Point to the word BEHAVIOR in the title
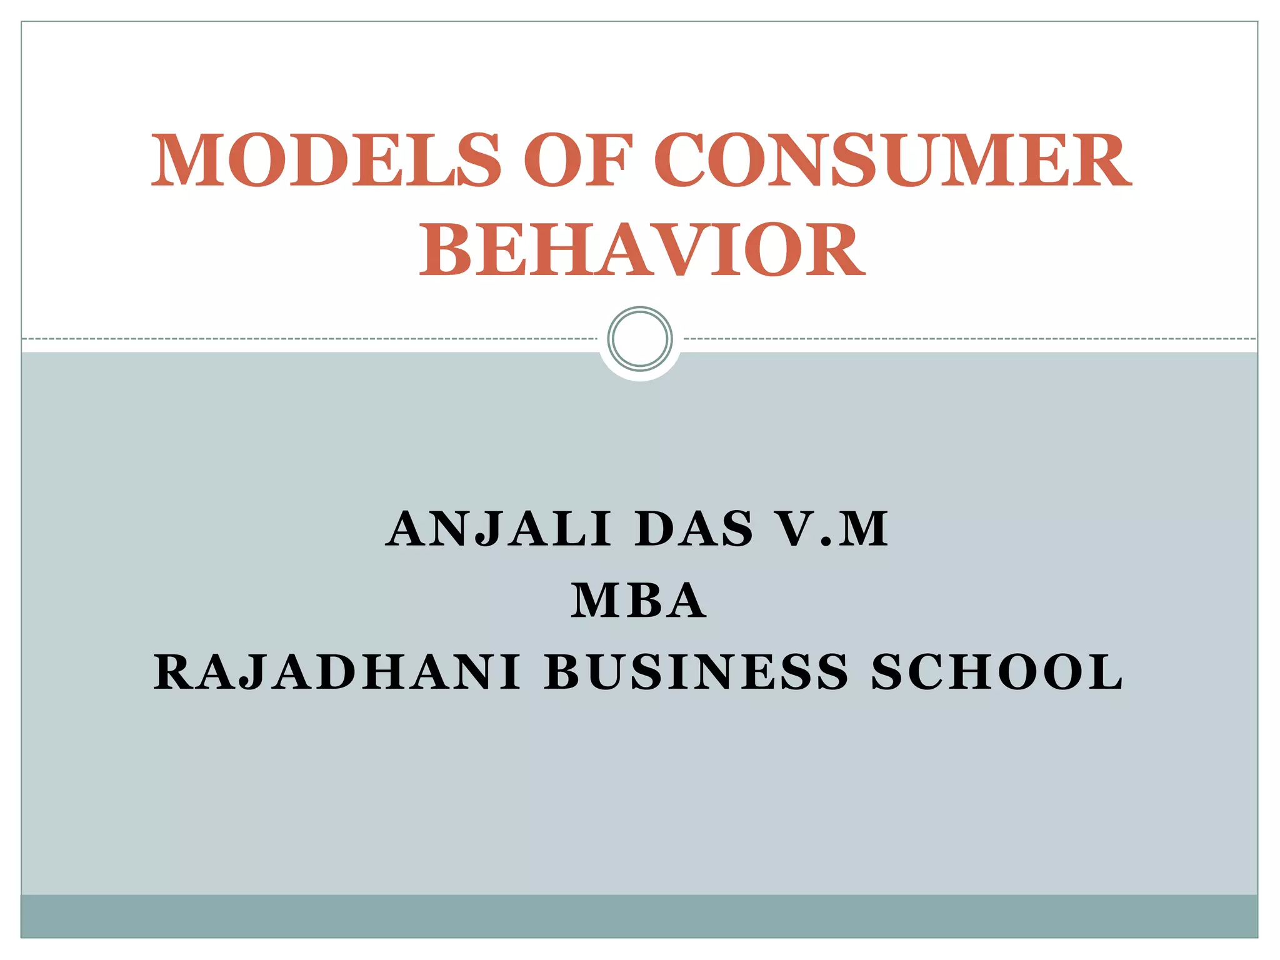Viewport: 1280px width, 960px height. tap(642, 250)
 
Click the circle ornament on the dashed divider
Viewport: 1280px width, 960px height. tap(640, 339)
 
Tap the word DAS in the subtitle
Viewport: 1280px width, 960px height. tap(694, 529)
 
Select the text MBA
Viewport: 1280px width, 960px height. tap(639, 601)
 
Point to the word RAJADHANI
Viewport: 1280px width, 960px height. tap(337, 672)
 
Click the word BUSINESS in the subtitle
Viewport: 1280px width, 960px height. tap(696, 672)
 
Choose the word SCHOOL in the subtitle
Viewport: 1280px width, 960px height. tap(997, 672)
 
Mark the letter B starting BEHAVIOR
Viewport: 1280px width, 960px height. tap(445, 250)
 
